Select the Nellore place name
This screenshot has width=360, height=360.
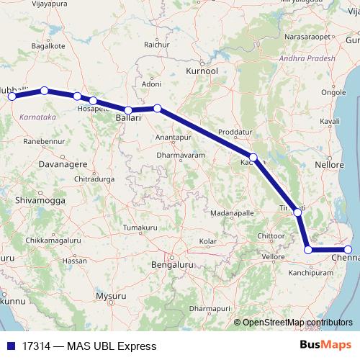coord(330,166)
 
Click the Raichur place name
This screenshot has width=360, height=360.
coord(156,44)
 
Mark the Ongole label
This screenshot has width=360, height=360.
coord(333,92)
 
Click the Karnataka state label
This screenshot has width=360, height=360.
coord(38,115)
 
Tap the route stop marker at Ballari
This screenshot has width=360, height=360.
coord(128,110)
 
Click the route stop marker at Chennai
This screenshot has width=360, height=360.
coord(348,250)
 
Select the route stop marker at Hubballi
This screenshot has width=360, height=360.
coord(12,96)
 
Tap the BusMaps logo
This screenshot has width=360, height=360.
coord(325,346)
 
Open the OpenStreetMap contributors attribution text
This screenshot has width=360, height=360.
coord(297,323)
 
